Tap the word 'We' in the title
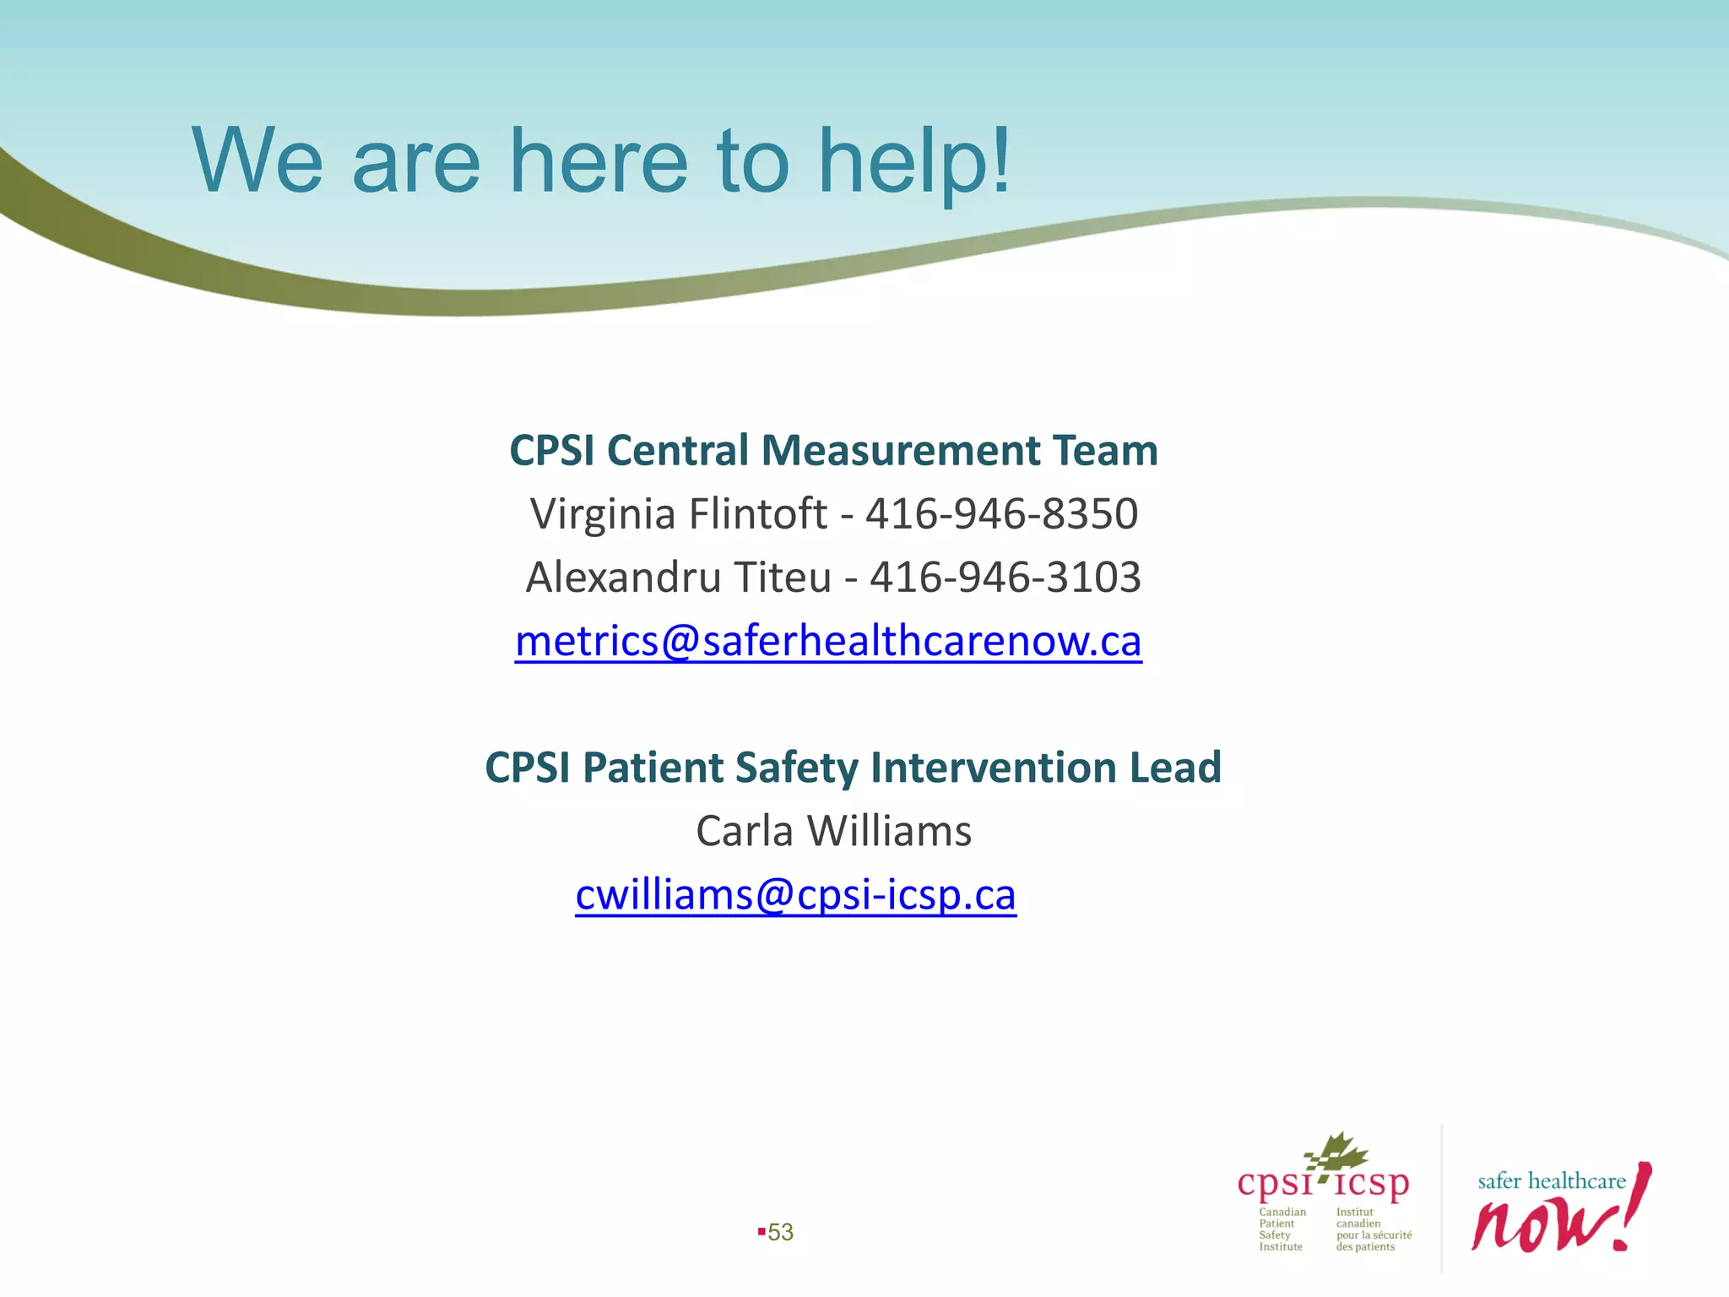[257, 160]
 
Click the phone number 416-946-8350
[1002, 513]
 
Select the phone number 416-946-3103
[1005, 578]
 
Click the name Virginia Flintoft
[678, 513]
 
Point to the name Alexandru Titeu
[679, 578]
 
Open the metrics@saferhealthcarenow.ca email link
[828, 641]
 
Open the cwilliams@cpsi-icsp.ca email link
[795, 895]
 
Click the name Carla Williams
[833, 831]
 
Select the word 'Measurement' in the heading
[900, 450]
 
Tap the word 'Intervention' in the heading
[994, 768]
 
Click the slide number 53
[780, 1232]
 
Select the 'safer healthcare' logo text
[1551, 1180]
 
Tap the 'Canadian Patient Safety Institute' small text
[1282, 1229]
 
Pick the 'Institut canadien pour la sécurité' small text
[1373, 1229]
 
